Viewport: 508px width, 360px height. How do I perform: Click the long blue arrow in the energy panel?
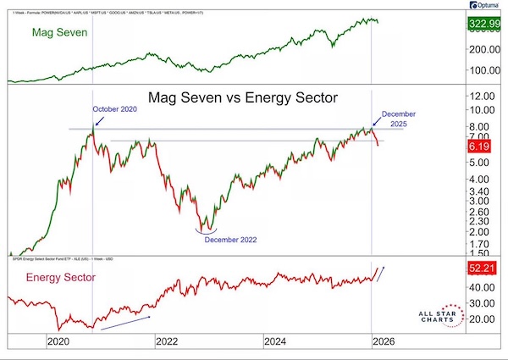click(125, 317)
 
